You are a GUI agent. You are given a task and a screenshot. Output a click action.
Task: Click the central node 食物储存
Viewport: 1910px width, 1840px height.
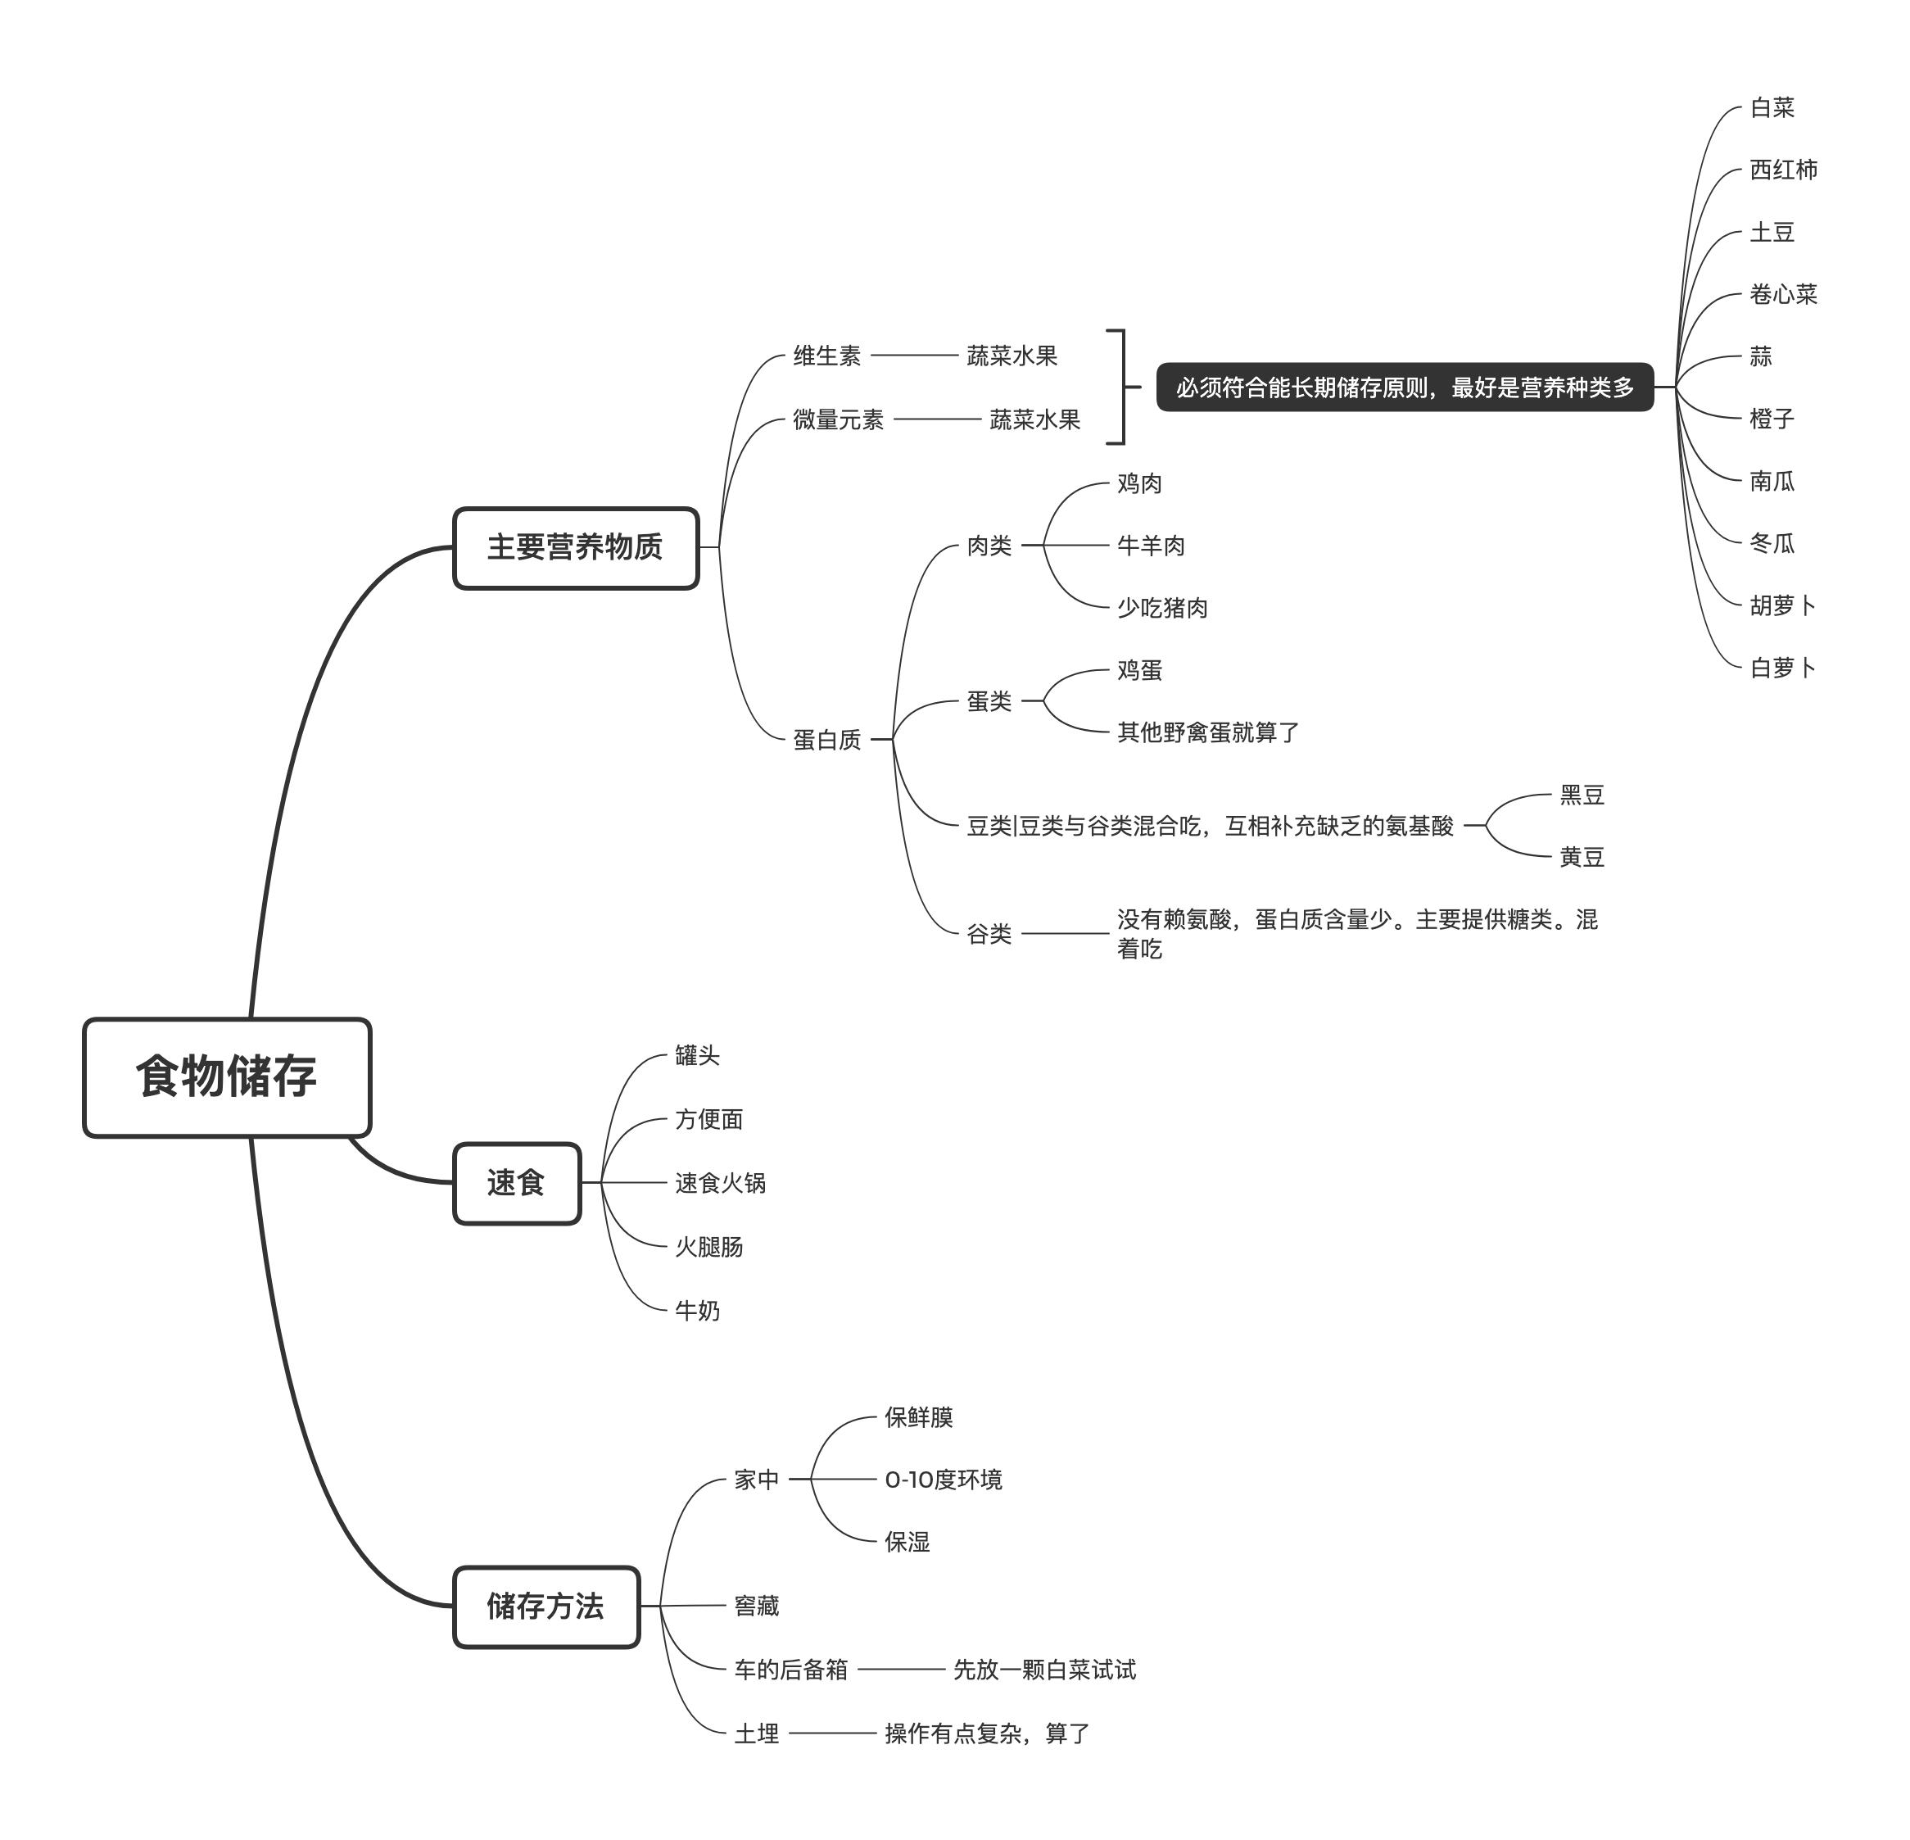click(227, 1077)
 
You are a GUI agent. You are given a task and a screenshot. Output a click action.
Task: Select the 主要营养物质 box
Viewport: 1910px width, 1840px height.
click(575, 548)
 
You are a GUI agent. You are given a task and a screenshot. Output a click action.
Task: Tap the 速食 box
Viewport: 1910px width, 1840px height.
click(517, 1183)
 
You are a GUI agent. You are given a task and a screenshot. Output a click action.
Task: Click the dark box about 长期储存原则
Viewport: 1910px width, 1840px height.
click(1404, 387)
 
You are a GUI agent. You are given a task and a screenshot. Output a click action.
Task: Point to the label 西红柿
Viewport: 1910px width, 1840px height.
click(1782, 170)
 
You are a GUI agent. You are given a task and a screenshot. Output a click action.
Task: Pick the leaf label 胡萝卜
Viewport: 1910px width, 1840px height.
click(1782, 605)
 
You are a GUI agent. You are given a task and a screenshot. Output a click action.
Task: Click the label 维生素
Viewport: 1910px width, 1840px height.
click(826, 356)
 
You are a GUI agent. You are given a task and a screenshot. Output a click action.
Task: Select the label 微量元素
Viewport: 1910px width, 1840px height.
click(838, 419)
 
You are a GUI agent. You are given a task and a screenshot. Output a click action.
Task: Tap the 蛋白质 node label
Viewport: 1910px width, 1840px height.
click(826, 740)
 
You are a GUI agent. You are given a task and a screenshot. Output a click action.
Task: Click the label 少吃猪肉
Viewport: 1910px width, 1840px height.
click(1161, 607)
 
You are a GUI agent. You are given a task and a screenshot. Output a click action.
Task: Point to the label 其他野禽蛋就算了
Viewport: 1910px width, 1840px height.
click(1207, 732)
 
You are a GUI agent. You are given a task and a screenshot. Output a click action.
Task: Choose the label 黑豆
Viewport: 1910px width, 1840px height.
click(1581, 795)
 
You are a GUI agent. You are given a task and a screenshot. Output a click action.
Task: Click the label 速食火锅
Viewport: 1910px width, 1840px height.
click(720, 1182)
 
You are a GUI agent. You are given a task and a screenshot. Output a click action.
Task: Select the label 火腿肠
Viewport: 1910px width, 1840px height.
click(708, 1247)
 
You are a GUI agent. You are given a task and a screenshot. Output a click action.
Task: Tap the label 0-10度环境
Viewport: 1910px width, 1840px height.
click(943, 1480)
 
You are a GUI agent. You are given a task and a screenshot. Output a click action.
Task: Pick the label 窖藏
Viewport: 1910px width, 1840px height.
click(756, 1605)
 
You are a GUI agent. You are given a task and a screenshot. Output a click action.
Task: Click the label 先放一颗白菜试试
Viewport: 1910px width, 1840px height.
click(1043, 1670)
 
